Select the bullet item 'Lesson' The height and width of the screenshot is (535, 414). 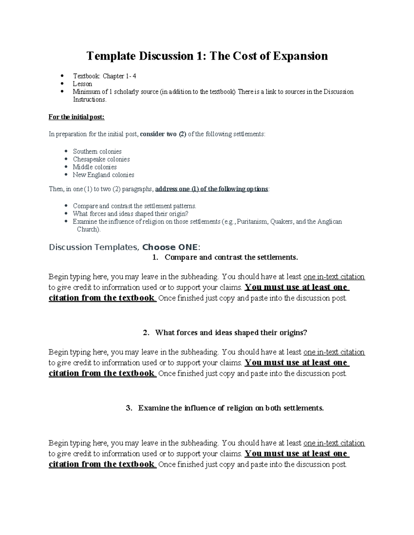pos(82,84)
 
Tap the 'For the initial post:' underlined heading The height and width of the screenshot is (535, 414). pos(76,117)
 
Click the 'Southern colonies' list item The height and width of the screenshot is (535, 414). pos(97,151)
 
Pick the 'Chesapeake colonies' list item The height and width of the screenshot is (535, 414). pos(101,159)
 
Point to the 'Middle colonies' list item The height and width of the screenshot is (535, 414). pos(95,167)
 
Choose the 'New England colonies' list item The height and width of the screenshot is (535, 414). pos(103,175)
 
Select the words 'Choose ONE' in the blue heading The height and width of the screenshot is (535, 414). pos(170,247)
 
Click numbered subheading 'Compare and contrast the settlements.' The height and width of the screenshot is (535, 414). pos(231,257)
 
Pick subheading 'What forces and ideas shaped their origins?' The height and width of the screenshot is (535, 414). pos(231,332)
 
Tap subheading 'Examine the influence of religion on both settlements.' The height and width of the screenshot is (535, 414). pos(231,408)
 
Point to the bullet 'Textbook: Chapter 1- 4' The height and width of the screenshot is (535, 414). pos(104,76)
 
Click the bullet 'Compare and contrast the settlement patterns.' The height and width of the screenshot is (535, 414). pos(134,206)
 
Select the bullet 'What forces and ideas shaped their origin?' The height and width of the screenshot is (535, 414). pos(130,214)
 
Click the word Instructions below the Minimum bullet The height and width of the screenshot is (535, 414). pos(89,100)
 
